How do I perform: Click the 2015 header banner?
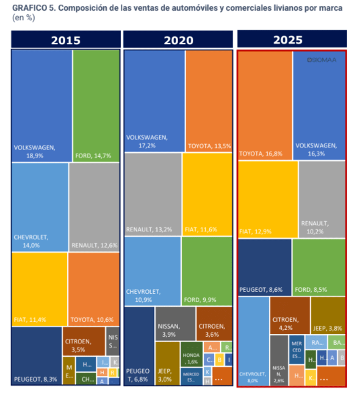[66, 40]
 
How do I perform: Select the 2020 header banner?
[178, 40]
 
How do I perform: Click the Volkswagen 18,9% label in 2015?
[35, 151]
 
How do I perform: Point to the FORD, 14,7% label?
[93, 156]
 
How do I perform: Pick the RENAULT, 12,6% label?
[94, 245]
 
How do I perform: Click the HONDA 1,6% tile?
[191, 359]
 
